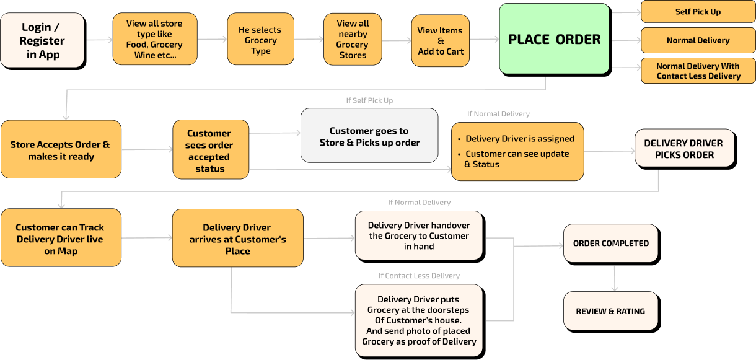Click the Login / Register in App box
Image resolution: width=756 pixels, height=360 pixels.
click(x=42, y=40)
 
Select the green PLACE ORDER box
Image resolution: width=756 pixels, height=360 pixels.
click(x=554, y=39)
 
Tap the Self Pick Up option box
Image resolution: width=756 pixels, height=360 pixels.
click(x=698, y=12)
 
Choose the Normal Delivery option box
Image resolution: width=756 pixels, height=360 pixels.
click(x=698, y=40)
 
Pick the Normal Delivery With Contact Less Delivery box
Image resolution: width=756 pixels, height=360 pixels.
click(x=698, y=71)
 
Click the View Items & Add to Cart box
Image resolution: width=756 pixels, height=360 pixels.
click(x=441, y=41)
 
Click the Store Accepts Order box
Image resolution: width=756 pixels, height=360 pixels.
click(x=61, y=150)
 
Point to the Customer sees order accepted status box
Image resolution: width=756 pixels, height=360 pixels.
click(x=211, y=151)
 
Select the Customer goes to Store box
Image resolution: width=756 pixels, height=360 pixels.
click(x=369, y=136)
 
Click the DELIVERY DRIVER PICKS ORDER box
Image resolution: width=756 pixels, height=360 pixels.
click(x=684, y=148)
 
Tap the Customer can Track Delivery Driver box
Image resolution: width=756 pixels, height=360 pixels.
click(x=61, y=239)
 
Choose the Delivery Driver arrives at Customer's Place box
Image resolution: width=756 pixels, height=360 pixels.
click(x=238, y=239)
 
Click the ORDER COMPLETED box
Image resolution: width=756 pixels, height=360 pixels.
click(x=610, y=244)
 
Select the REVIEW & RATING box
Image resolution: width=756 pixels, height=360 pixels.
click(x=610, y=311)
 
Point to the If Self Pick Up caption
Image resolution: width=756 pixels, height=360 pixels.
click(x=369, y=100)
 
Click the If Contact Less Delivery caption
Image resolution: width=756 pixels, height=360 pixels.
click(x=419, y=276)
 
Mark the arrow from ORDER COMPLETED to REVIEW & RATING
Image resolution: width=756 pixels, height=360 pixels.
click(x=614, y=279)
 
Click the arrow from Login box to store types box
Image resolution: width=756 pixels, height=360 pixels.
click(x=98, y=40)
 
